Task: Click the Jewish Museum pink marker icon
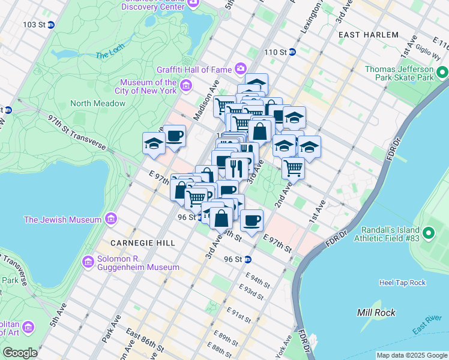[x=110, y=218]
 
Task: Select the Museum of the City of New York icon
[x=185, y=87]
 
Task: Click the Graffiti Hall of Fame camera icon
[x=240, y=68]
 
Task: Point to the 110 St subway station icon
[x=292, y=52]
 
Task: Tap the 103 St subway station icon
[x=51, y=25]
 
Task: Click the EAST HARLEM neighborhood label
[x=368, y=35]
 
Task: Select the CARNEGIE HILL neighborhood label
[x=143, y=243]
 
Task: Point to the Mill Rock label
[x=376, y=313]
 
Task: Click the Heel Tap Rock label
[x=402, y=283]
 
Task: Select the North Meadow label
[x=98, y=103]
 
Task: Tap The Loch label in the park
[x=109, y=55]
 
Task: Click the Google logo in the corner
[x=20, y=352]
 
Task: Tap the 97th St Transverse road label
[x=77, y=133]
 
